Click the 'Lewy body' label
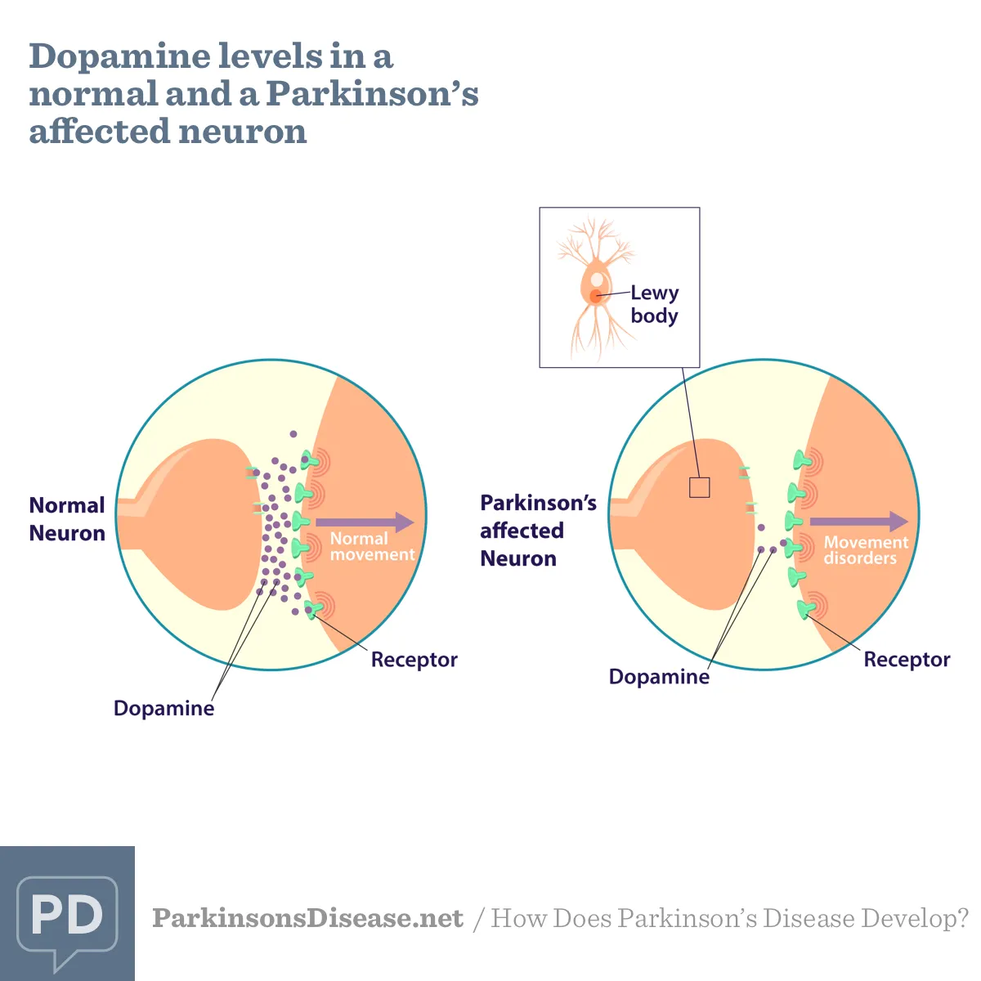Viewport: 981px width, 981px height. [655, 304]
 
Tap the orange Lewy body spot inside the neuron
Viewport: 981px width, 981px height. [595, 296]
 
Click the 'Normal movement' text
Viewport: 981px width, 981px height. [373, 546]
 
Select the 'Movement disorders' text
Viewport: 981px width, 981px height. [866, 550]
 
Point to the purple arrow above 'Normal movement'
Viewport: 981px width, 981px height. [365, 522]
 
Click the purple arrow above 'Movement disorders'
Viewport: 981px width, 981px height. [859, 522]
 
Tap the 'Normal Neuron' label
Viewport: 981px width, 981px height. [67, 519]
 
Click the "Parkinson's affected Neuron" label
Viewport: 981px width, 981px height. [538, 531]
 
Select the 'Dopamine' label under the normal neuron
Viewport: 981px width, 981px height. [164, 708]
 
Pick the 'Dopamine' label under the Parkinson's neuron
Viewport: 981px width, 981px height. [659, 677]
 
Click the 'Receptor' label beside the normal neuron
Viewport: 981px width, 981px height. [414, 660]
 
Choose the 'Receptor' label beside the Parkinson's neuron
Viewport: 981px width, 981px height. [907, 660]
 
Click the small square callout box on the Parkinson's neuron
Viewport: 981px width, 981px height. [700, 478]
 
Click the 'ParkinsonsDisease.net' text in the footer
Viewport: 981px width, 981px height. [308, 918]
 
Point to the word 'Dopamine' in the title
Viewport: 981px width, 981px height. [119, 57]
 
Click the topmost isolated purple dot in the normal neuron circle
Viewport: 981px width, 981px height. [293, 434]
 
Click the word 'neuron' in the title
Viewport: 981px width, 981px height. [243, 132]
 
